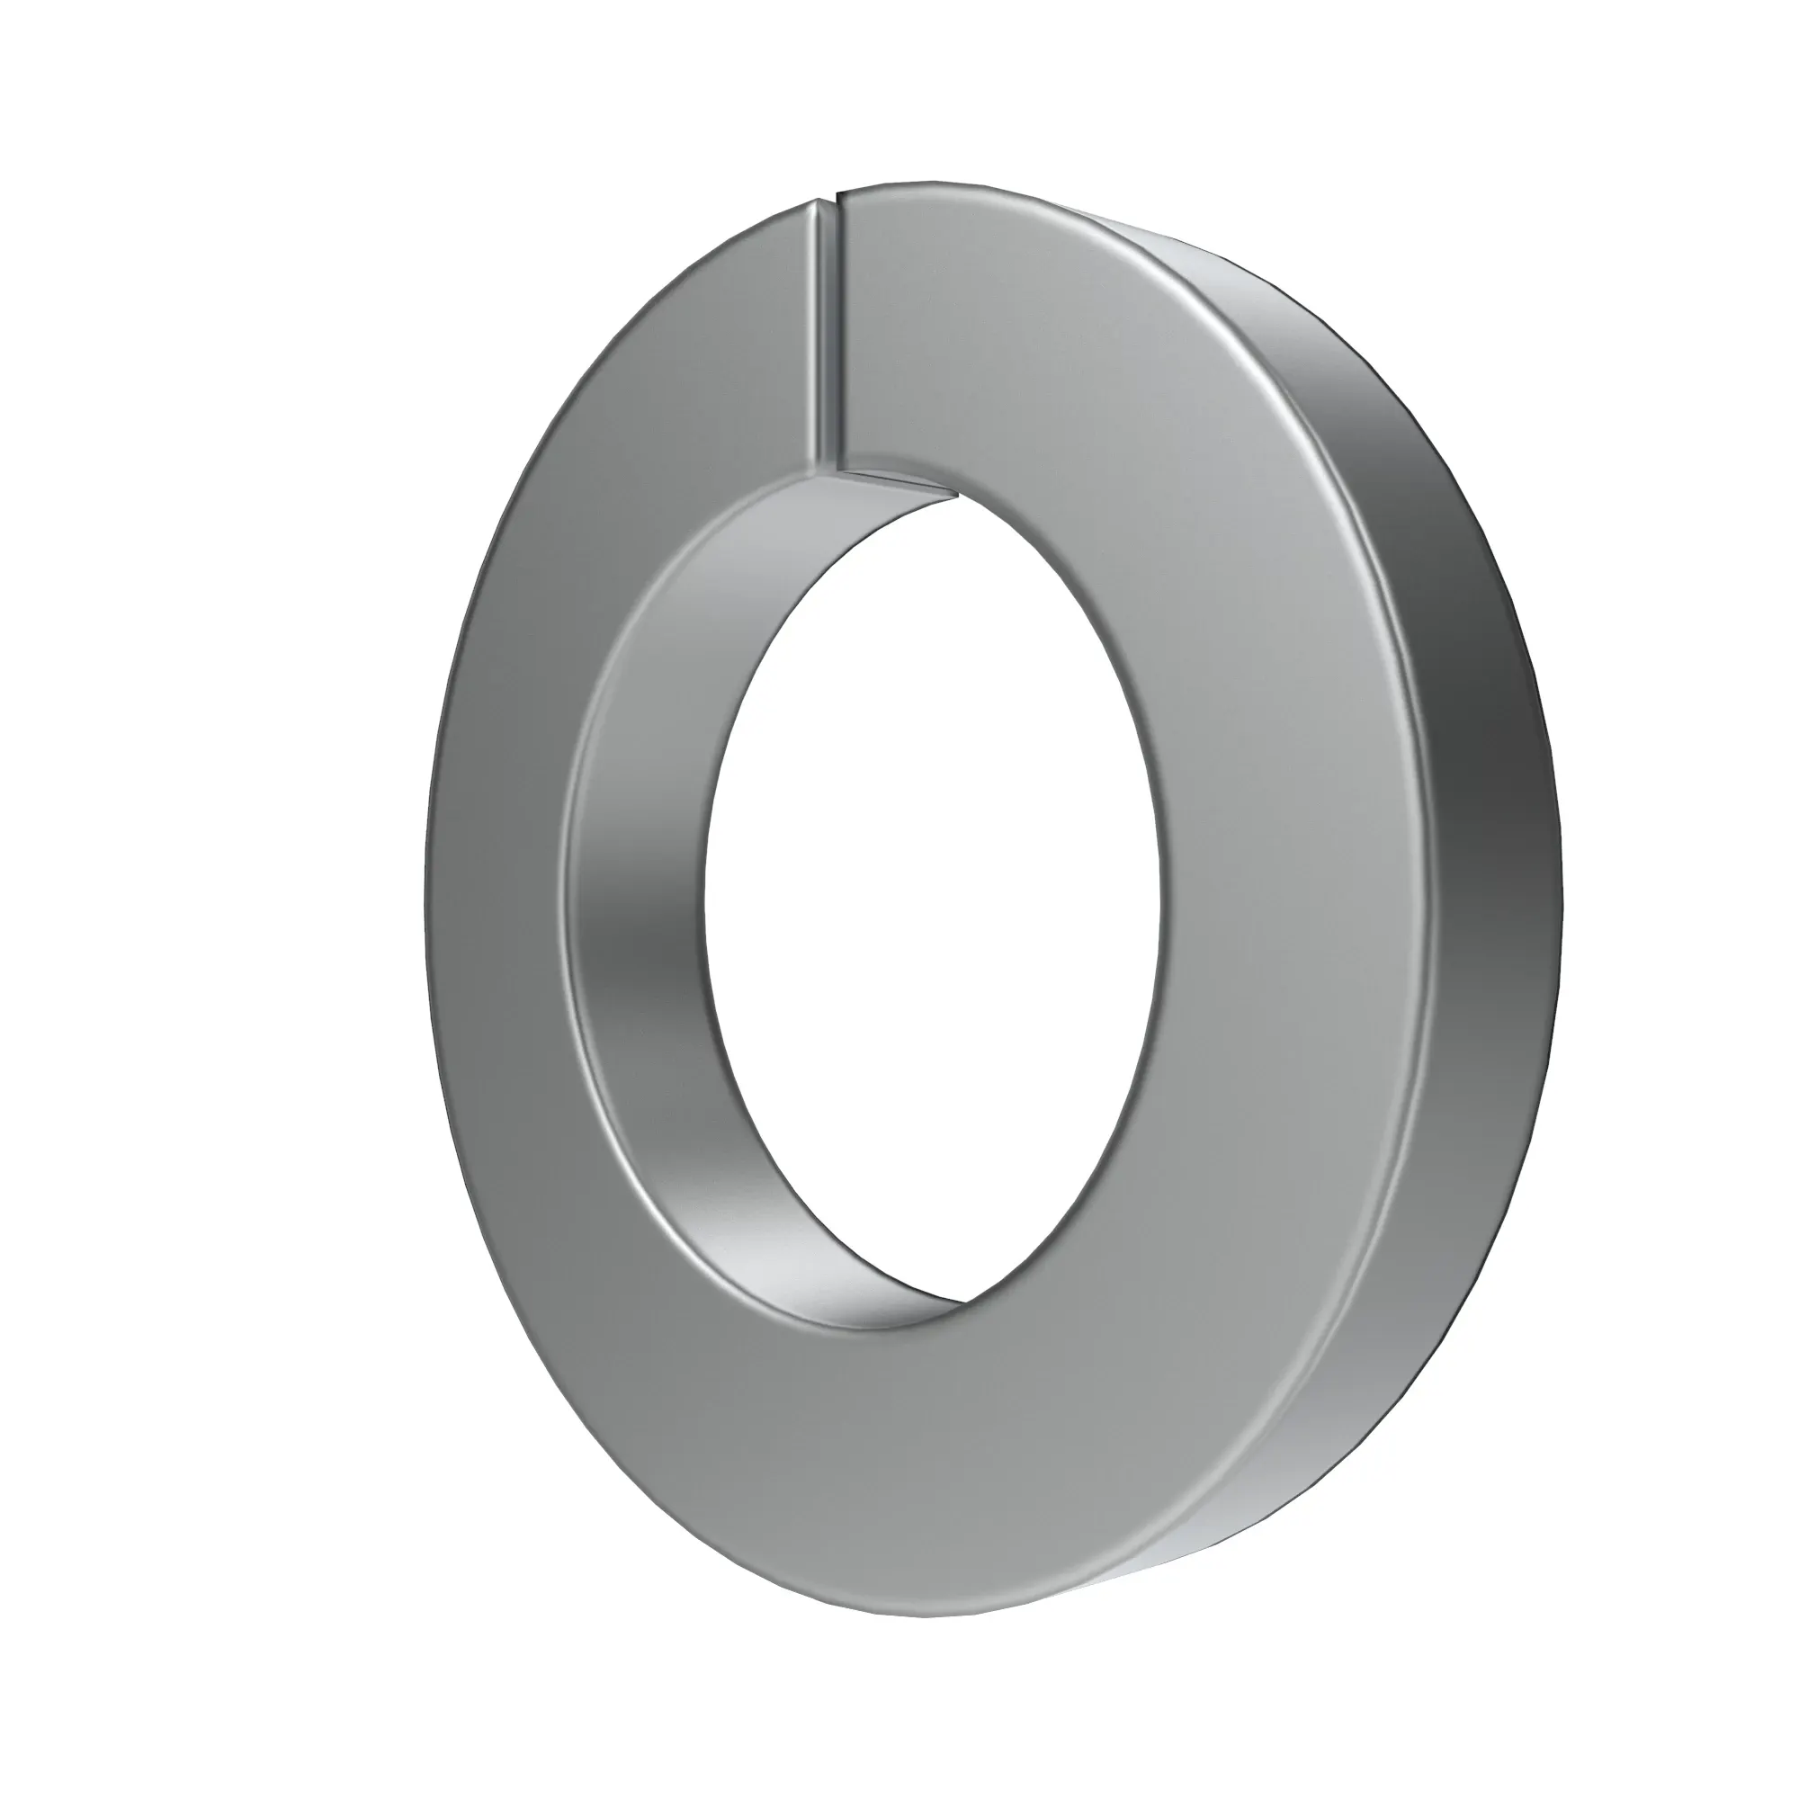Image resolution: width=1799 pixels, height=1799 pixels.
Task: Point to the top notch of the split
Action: [830, 198]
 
